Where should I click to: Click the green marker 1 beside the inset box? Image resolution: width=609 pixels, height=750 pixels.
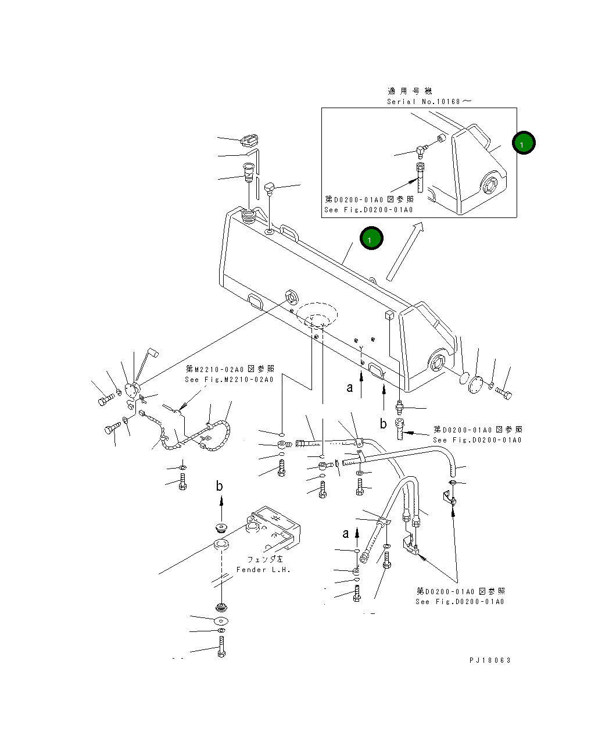523,142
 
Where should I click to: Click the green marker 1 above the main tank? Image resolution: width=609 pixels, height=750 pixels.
371,238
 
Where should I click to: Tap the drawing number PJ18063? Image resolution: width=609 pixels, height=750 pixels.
489,660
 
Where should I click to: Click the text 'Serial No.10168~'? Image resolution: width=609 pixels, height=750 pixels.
428,101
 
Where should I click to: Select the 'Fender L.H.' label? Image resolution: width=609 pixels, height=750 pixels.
263,569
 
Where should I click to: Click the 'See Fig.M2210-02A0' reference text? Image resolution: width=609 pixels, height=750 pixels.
229,379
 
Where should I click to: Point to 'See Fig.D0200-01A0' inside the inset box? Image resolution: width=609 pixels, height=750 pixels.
368,209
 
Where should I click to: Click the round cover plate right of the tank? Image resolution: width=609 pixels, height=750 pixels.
475,384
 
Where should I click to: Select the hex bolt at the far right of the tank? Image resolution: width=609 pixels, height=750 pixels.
503,393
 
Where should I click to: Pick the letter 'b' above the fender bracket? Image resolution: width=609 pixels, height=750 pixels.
219,486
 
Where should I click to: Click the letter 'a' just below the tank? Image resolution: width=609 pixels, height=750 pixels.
349,387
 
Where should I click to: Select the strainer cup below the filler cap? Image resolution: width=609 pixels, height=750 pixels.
249,172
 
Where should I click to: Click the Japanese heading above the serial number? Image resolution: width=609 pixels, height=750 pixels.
410,91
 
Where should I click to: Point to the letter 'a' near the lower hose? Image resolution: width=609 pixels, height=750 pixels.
346,534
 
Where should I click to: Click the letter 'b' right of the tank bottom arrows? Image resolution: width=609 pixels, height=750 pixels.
383,423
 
